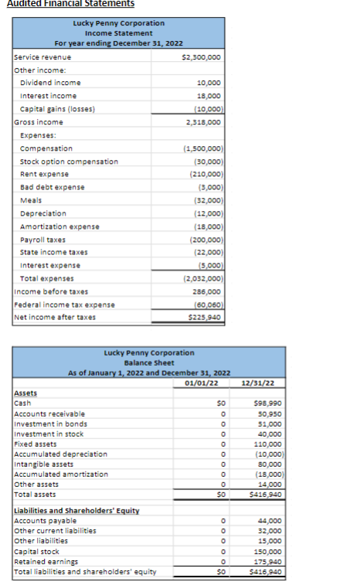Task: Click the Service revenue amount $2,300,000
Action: click(x=201, y=57)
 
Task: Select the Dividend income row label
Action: click(x=49, y=83)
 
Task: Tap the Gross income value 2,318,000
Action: click(x=205, y=121)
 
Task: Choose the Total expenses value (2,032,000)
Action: click(x=204, y=278)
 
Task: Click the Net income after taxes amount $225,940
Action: click(x=205, y=317)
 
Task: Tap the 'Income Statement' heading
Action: click(x=119, y=32)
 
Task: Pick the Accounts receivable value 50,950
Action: click(x=267, y=414)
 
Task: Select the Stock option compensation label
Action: click(x=69, y=161)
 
